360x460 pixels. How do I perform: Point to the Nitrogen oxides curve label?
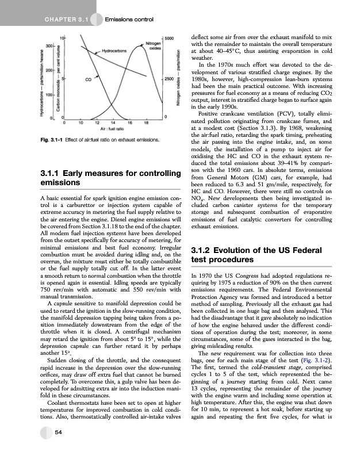[153, 45]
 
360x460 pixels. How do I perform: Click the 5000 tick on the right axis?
[169, 39]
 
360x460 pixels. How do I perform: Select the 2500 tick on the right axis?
[169, 78]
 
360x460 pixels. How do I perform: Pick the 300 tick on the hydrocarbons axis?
[49, 45]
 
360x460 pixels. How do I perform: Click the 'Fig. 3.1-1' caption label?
[51, 140]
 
